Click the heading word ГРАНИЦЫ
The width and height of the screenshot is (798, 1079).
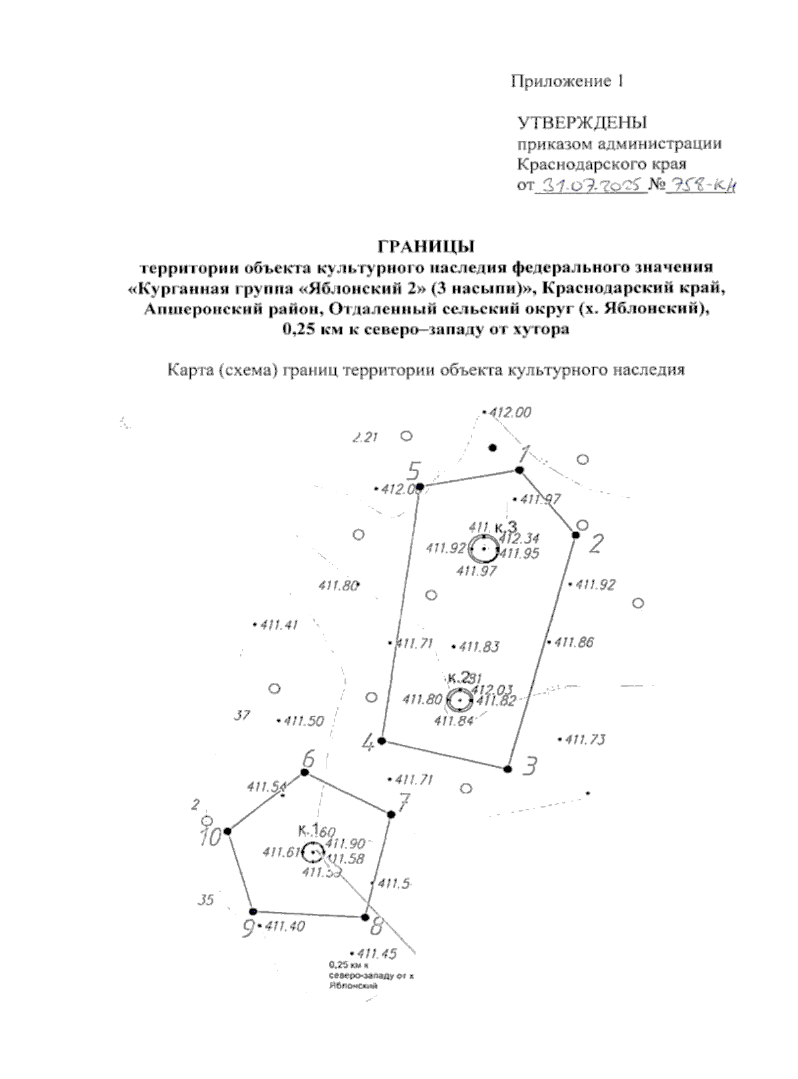[426, 246]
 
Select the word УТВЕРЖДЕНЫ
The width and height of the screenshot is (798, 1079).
[582, 123]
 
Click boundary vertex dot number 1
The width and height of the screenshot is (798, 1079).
[520, 470]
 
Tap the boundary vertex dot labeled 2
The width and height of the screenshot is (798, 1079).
[576, 535]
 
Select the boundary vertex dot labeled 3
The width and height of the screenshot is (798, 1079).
[507, 769]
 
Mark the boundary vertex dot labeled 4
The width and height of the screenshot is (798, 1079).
[382, 740]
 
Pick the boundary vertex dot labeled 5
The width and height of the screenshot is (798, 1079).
[420, 487]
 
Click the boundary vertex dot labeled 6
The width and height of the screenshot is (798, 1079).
[305, 772]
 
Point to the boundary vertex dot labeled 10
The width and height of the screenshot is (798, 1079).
[227, 831]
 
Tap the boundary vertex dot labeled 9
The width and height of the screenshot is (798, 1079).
[253, 911]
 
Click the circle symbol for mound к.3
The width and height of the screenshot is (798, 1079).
[484, 549]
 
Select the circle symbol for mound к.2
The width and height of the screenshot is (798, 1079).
[460, 700]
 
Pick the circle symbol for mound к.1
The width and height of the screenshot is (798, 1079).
[313, 852]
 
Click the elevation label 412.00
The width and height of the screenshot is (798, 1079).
[509, 412]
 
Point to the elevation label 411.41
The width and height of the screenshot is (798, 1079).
[279, 625]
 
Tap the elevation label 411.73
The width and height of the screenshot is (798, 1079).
[585, 739]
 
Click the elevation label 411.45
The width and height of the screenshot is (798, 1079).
[376, 954]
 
